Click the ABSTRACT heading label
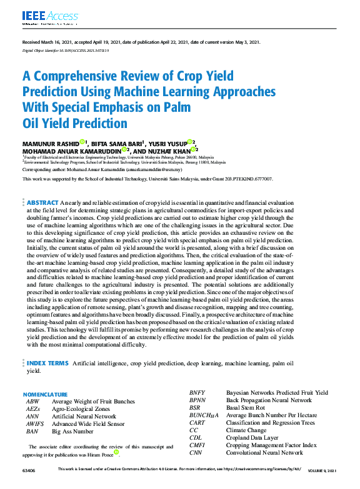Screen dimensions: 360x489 click(x=42, y=203)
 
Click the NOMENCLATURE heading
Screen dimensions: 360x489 click(x=45, y=395)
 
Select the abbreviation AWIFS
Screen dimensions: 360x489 click(x=35, y=423)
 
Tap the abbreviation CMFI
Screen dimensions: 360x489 click(x=197, y=445)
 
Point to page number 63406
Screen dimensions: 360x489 click(x=29, y=469)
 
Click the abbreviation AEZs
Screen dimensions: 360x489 click(x=33, y=408)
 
